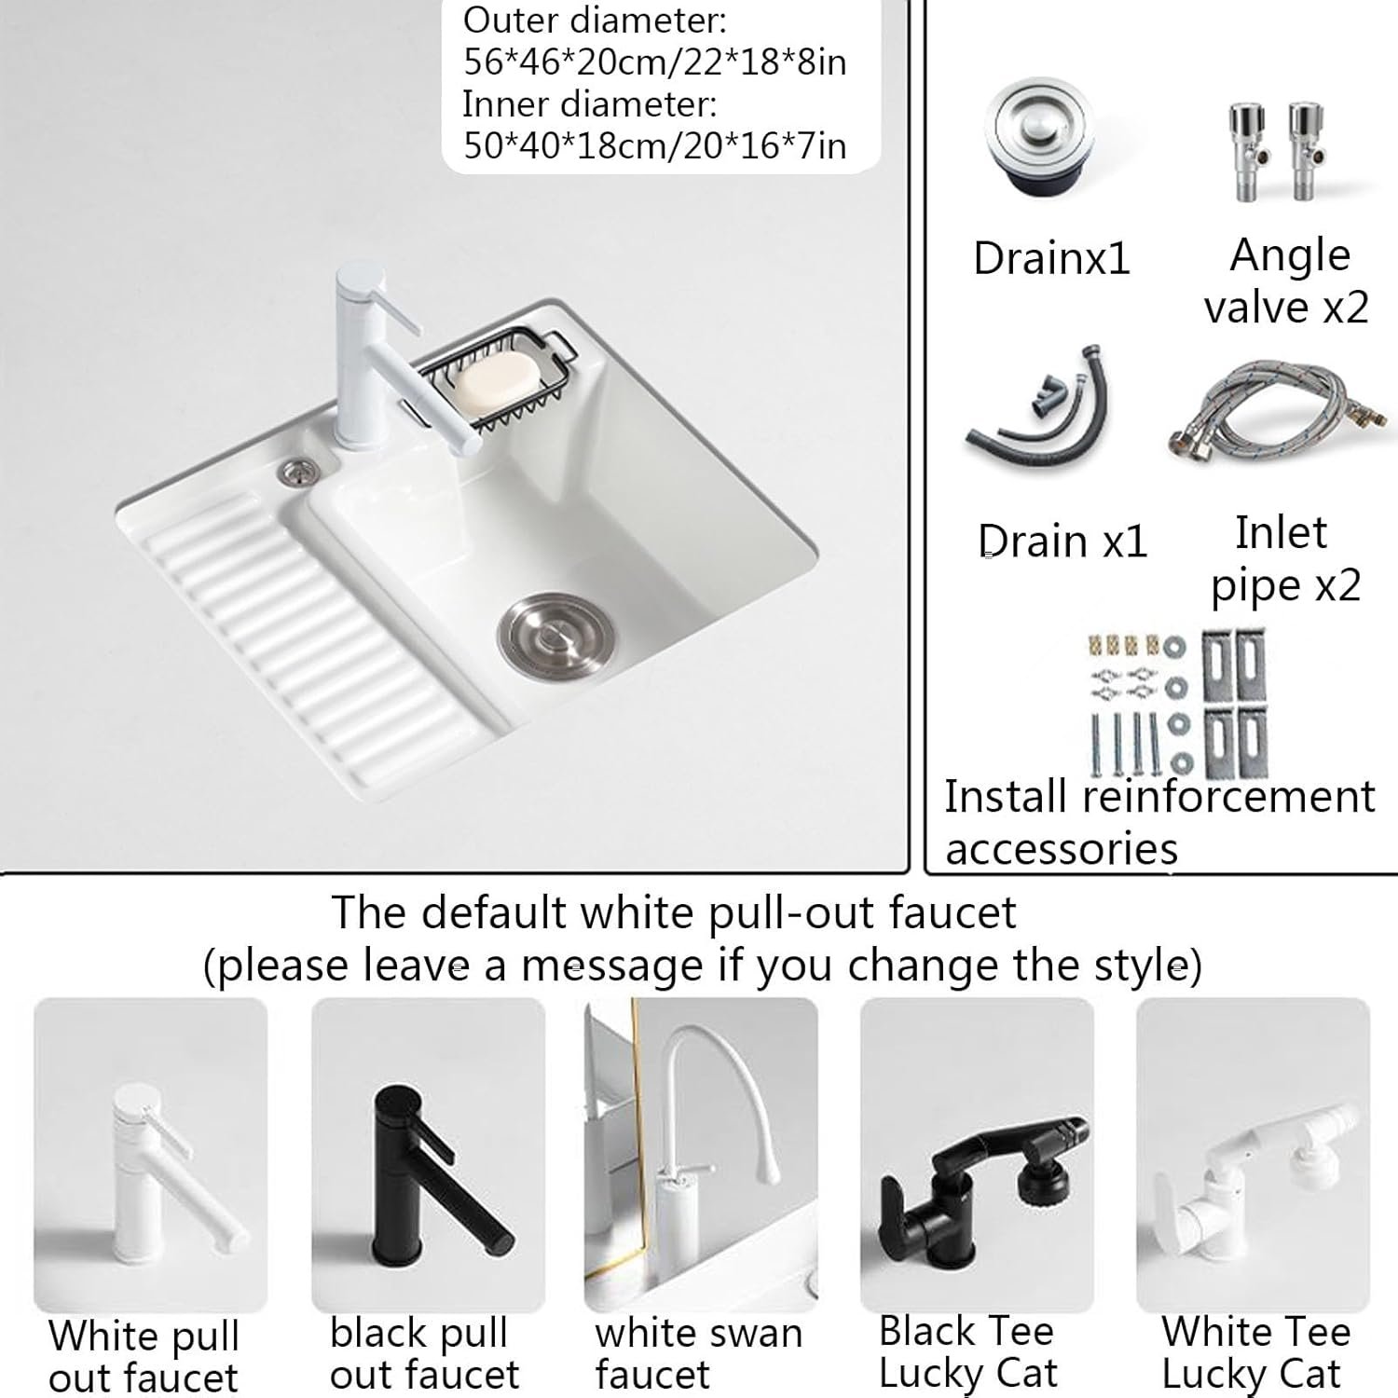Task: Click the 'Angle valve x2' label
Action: click(1287, 281)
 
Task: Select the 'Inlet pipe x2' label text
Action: click(1285, 559)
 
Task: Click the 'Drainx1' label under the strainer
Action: click(1051, 258)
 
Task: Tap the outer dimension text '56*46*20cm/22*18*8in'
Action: click(655, 62)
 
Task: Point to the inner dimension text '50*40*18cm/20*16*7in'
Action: click(655, 145)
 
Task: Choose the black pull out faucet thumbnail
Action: click(428, 1155)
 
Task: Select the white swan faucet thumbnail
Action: click(701, 1155)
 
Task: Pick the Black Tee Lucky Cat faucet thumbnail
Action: click(977, 1155)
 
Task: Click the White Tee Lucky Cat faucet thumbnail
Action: click(1253, 1155)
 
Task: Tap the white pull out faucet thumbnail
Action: click(151, 1155)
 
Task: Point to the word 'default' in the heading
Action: click(492, 911)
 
